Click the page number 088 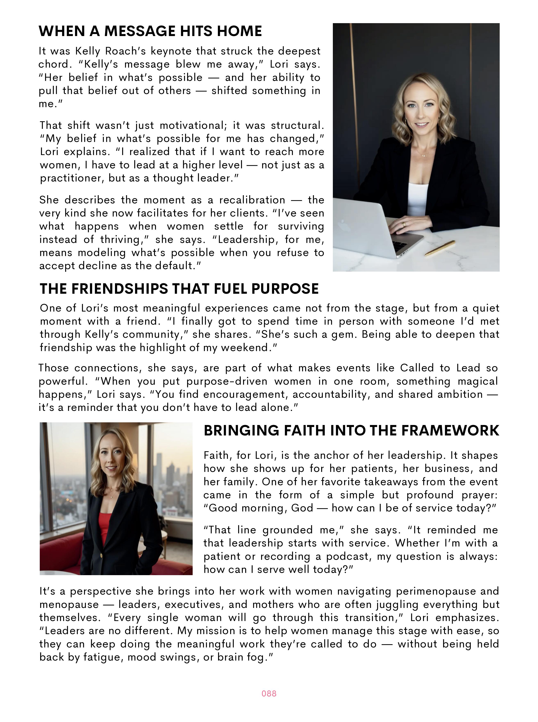[269, 693]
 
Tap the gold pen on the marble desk [440, 248]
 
